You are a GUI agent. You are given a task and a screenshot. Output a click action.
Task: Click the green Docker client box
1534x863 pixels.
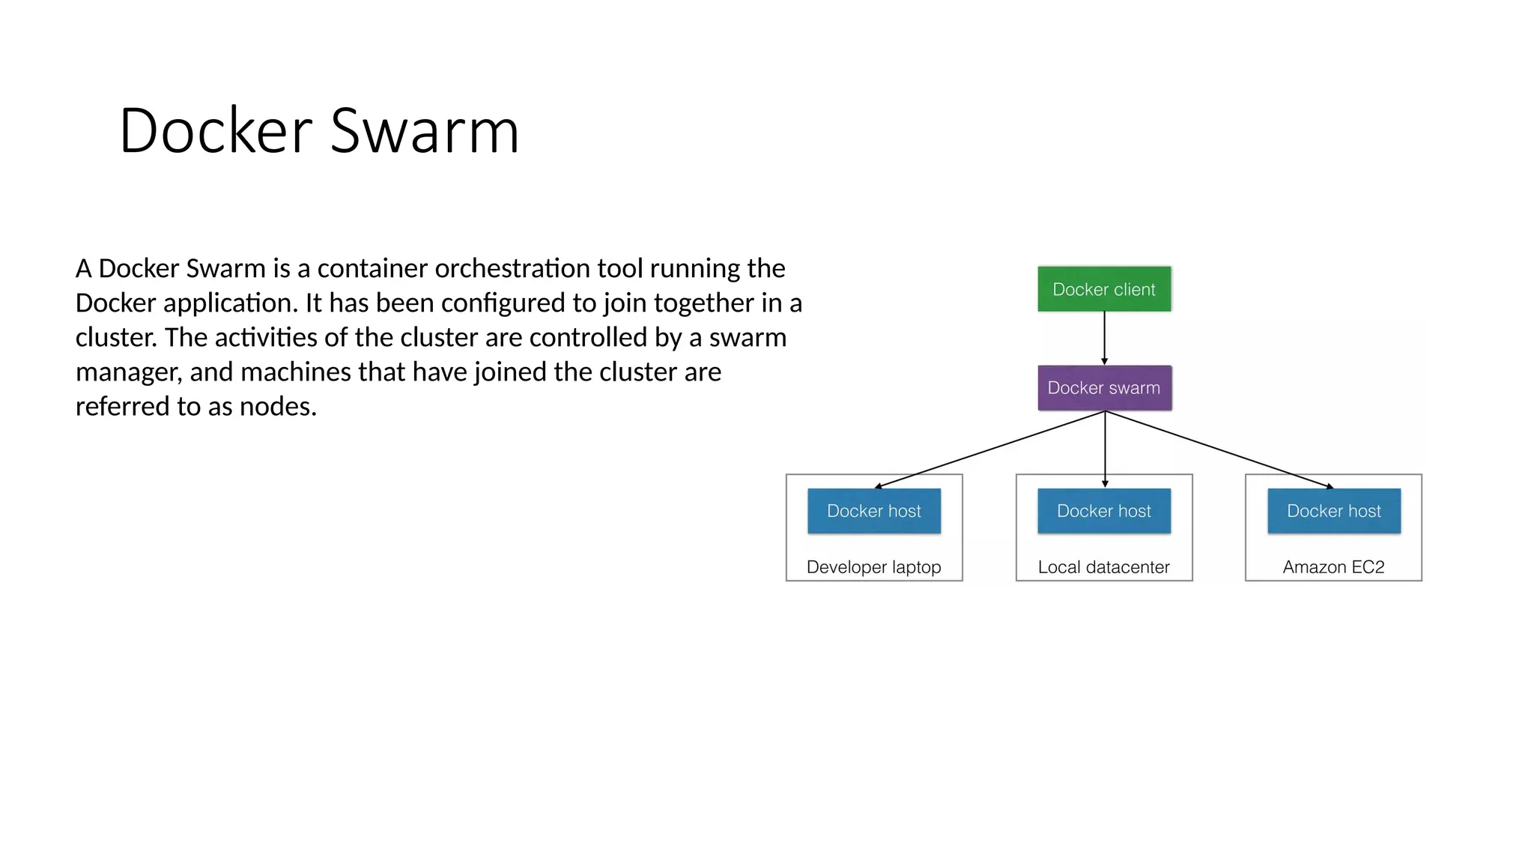[x=1104, y=289]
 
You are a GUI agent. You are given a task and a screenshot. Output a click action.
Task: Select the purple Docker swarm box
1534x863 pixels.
[x=1104, y=388]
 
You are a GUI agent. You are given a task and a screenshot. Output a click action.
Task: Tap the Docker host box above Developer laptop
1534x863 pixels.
[x=874, y=511]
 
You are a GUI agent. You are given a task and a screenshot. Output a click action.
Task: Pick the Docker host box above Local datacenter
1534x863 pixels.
[x=1104, y=511]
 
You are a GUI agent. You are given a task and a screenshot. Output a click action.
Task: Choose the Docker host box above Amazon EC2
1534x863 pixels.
[x=1334, y=511]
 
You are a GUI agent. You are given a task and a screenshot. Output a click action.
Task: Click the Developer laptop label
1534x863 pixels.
[x=873, y=567]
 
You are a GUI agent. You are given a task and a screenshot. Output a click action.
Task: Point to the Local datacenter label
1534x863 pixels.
[x=1103, y=567]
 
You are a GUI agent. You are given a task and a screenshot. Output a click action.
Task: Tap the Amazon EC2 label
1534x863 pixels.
[x=1333, y=567]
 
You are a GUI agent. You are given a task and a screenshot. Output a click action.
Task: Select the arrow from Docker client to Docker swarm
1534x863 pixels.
[x=1104, y=338]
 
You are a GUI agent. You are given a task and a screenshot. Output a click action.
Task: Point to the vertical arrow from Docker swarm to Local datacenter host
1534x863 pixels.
[x=1105, y=449]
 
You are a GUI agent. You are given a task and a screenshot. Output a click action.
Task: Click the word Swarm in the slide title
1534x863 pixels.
[x=424, y=131]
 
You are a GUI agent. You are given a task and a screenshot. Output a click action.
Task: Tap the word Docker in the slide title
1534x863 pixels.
[x=216, y=131]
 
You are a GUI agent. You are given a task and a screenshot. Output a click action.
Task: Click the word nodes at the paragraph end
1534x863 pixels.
[x=278, y=407]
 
